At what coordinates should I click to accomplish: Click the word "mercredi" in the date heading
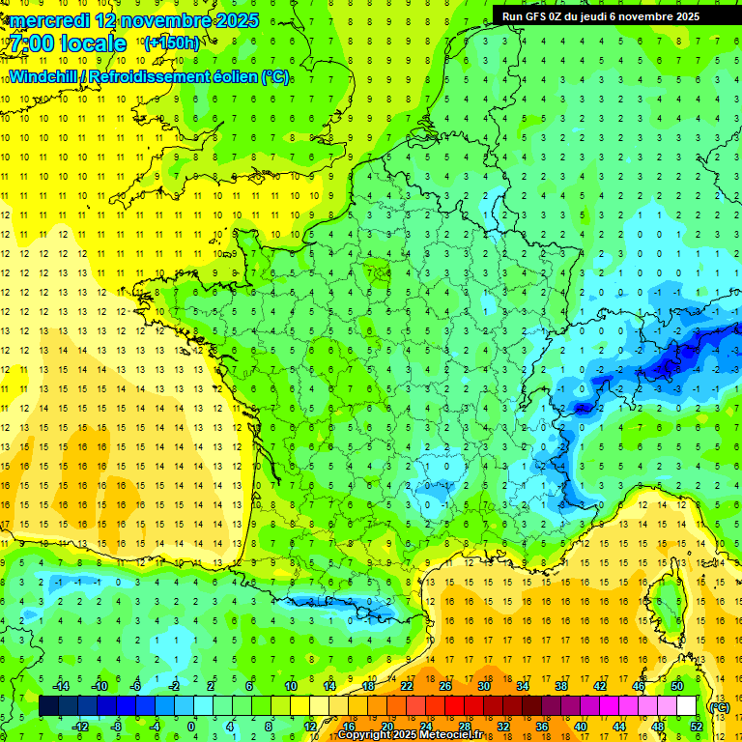(54, 20)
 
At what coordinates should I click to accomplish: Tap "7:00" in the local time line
(35, 43)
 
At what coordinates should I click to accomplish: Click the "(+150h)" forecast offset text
(172, 43)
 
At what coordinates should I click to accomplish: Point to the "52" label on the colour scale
(696, 727)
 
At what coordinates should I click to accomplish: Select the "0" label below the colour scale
(191, 727)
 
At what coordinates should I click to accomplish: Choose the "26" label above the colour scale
(445, 686)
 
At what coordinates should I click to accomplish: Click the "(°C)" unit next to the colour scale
(719, 707)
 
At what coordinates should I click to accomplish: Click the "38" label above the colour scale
(561, 686)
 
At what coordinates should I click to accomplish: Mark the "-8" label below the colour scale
(117, 727)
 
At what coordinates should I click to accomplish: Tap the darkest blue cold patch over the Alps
(667, 364)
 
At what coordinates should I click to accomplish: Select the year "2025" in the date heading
(237, 20)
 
